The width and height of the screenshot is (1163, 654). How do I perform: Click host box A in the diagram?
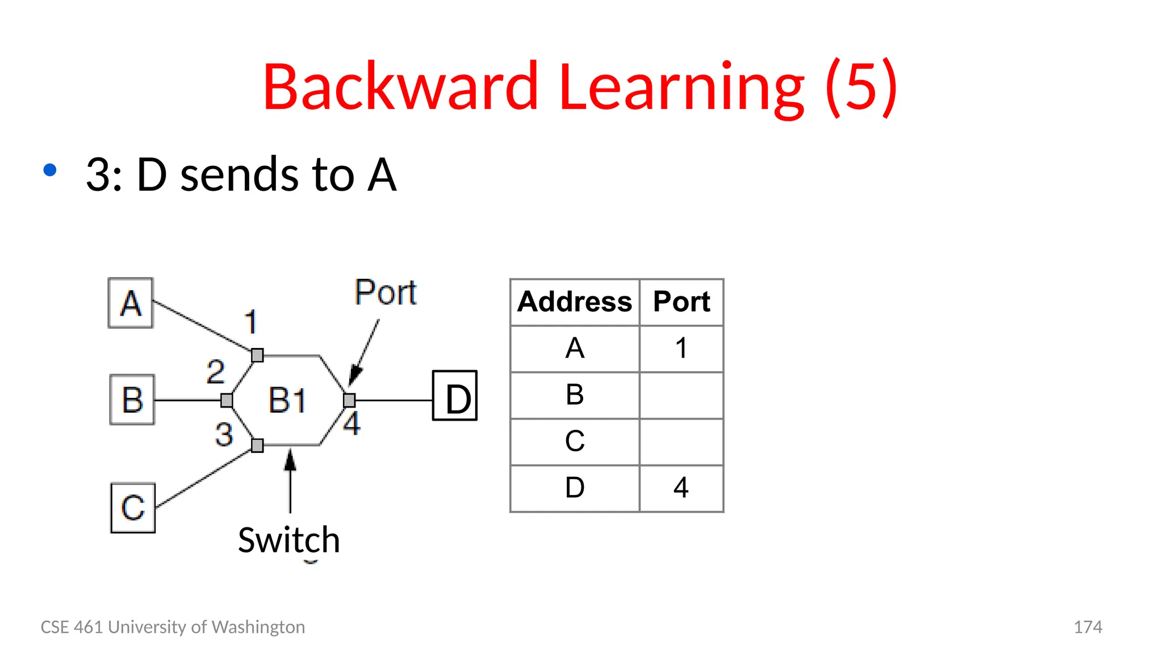pyautogui.click(x=131, y=303)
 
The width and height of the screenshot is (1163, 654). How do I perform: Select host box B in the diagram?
pyautogui.click(x=132, y=400)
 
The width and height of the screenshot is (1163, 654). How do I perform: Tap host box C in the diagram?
pyautogui.click(x=133, y=508)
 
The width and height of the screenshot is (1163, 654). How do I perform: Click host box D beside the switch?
pyautogui.click(x=455, y=396)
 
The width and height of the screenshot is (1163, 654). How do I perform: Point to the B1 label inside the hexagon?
pyautogui.click(x=287, y=400)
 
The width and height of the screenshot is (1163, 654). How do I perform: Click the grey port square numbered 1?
pyautogui.click(x=257, y=355)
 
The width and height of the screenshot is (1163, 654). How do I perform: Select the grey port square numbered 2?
pyautogui.click(x=227, y=401)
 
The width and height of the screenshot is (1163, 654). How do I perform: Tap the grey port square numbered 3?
pyautogui.click(x=257, y=446)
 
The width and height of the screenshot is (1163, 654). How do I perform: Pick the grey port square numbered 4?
pyautogui.click(x=350, y=400)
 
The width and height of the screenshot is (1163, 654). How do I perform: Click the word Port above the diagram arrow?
pyautogui.click(x=386, y=292)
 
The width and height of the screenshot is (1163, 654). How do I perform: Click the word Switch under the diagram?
pyautogui.click(x=289, y=540)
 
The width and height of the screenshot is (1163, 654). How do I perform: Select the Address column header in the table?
pyautogui.click(x=575, y=301)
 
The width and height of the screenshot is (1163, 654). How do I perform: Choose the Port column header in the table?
pyautogui.click(x=681, y=301)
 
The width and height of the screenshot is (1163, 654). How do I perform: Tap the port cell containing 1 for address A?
pyautogui.click(x=681, y=348)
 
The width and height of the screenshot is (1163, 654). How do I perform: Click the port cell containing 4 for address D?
pyautogui.click(x=681, y=488)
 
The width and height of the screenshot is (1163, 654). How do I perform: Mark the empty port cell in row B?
pyautogui.click(x=681, y=395)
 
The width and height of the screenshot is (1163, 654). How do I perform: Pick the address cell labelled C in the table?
pyautogui.click(x=575, y=441)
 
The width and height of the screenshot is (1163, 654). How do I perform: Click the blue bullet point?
pyautogui.click(x=50, y=170)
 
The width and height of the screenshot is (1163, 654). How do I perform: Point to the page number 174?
pyautogui.click(x=1087, y=627)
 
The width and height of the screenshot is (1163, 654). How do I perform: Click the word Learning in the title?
pyautogui.click(x=681, y=87)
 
